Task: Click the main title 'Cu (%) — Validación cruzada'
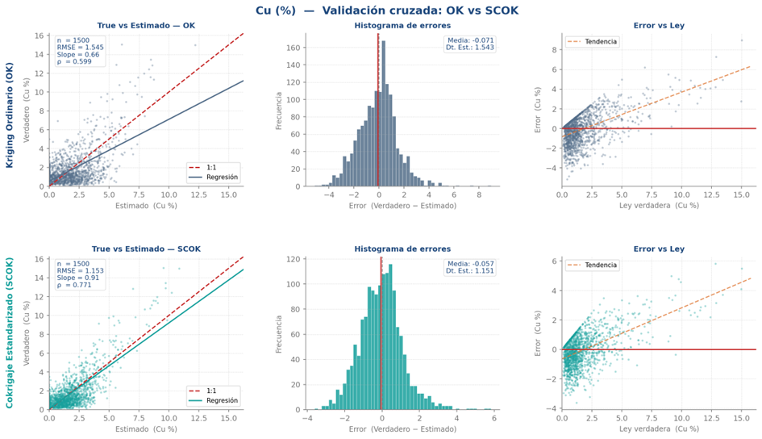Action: (381, 10)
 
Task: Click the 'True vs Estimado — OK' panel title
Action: (146, 26)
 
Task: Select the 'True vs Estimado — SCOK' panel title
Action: (146, 249)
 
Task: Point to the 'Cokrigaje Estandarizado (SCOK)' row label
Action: (10, 333)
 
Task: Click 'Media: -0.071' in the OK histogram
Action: (470, 40)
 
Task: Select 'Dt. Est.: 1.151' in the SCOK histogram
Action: (470, 272)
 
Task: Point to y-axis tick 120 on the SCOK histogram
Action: (295, 261)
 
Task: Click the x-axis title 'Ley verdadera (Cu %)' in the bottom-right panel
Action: (659, 430)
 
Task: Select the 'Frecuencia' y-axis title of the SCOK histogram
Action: (279, 333)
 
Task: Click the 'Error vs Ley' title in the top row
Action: (659, 26)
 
